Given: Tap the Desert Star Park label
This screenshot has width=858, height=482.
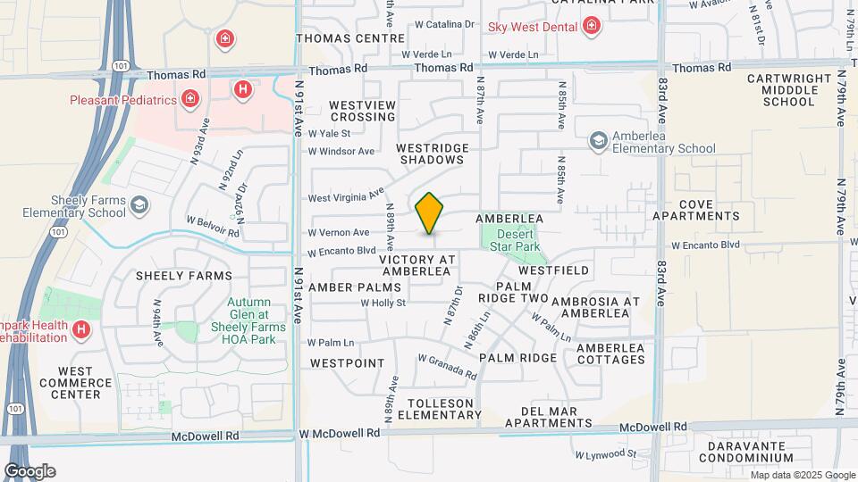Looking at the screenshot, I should [513, 240].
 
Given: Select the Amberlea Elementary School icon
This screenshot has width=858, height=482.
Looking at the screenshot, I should [598, 141].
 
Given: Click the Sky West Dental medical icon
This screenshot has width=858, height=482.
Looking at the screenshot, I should [591, 27].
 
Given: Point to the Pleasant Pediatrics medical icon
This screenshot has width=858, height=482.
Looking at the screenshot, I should [189, 99].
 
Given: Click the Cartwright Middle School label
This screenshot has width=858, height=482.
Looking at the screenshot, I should [789, 90].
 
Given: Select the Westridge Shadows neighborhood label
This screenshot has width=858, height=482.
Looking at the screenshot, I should [432, 154].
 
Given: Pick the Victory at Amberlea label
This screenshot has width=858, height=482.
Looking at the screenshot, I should [417, 265].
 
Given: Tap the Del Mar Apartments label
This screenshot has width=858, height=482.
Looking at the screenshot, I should [549, 417].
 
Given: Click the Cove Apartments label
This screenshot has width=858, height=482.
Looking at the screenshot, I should [696, 211].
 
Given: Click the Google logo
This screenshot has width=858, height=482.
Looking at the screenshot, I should [29, 470].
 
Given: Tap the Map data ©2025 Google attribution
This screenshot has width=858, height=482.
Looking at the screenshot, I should [802, 475].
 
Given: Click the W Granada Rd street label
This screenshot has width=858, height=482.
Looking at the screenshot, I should [447, 365].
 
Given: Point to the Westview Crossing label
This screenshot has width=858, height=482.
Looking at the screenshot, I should [362, 112].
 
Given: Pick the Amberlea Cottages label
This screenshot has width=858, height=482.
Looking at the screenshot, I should [610, 353].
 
